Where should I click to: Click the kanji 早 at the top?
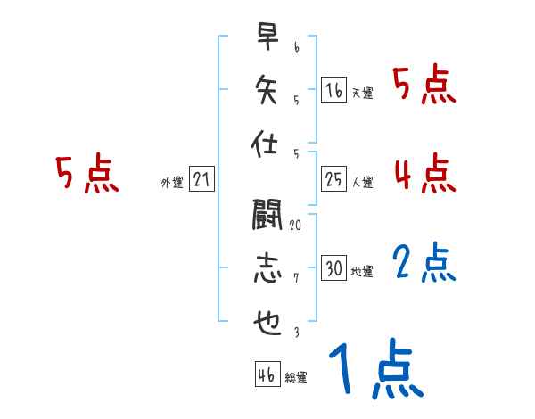tap(266, 37)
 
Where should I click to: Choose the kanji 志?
tap(266, 270)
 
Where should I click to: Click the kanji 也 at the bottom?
tap(266, 323)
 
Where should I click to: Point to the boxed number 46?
tap(266, 374)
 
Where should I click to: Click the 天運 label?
tap(362, 93)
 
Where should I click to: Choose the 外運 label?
tap(172, 183)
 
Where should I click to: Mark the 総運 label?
tap(296, 378)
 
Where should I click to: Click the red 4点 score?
tap(425, 174)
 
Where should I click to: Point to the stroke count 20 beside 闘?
tap(295, 226)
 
